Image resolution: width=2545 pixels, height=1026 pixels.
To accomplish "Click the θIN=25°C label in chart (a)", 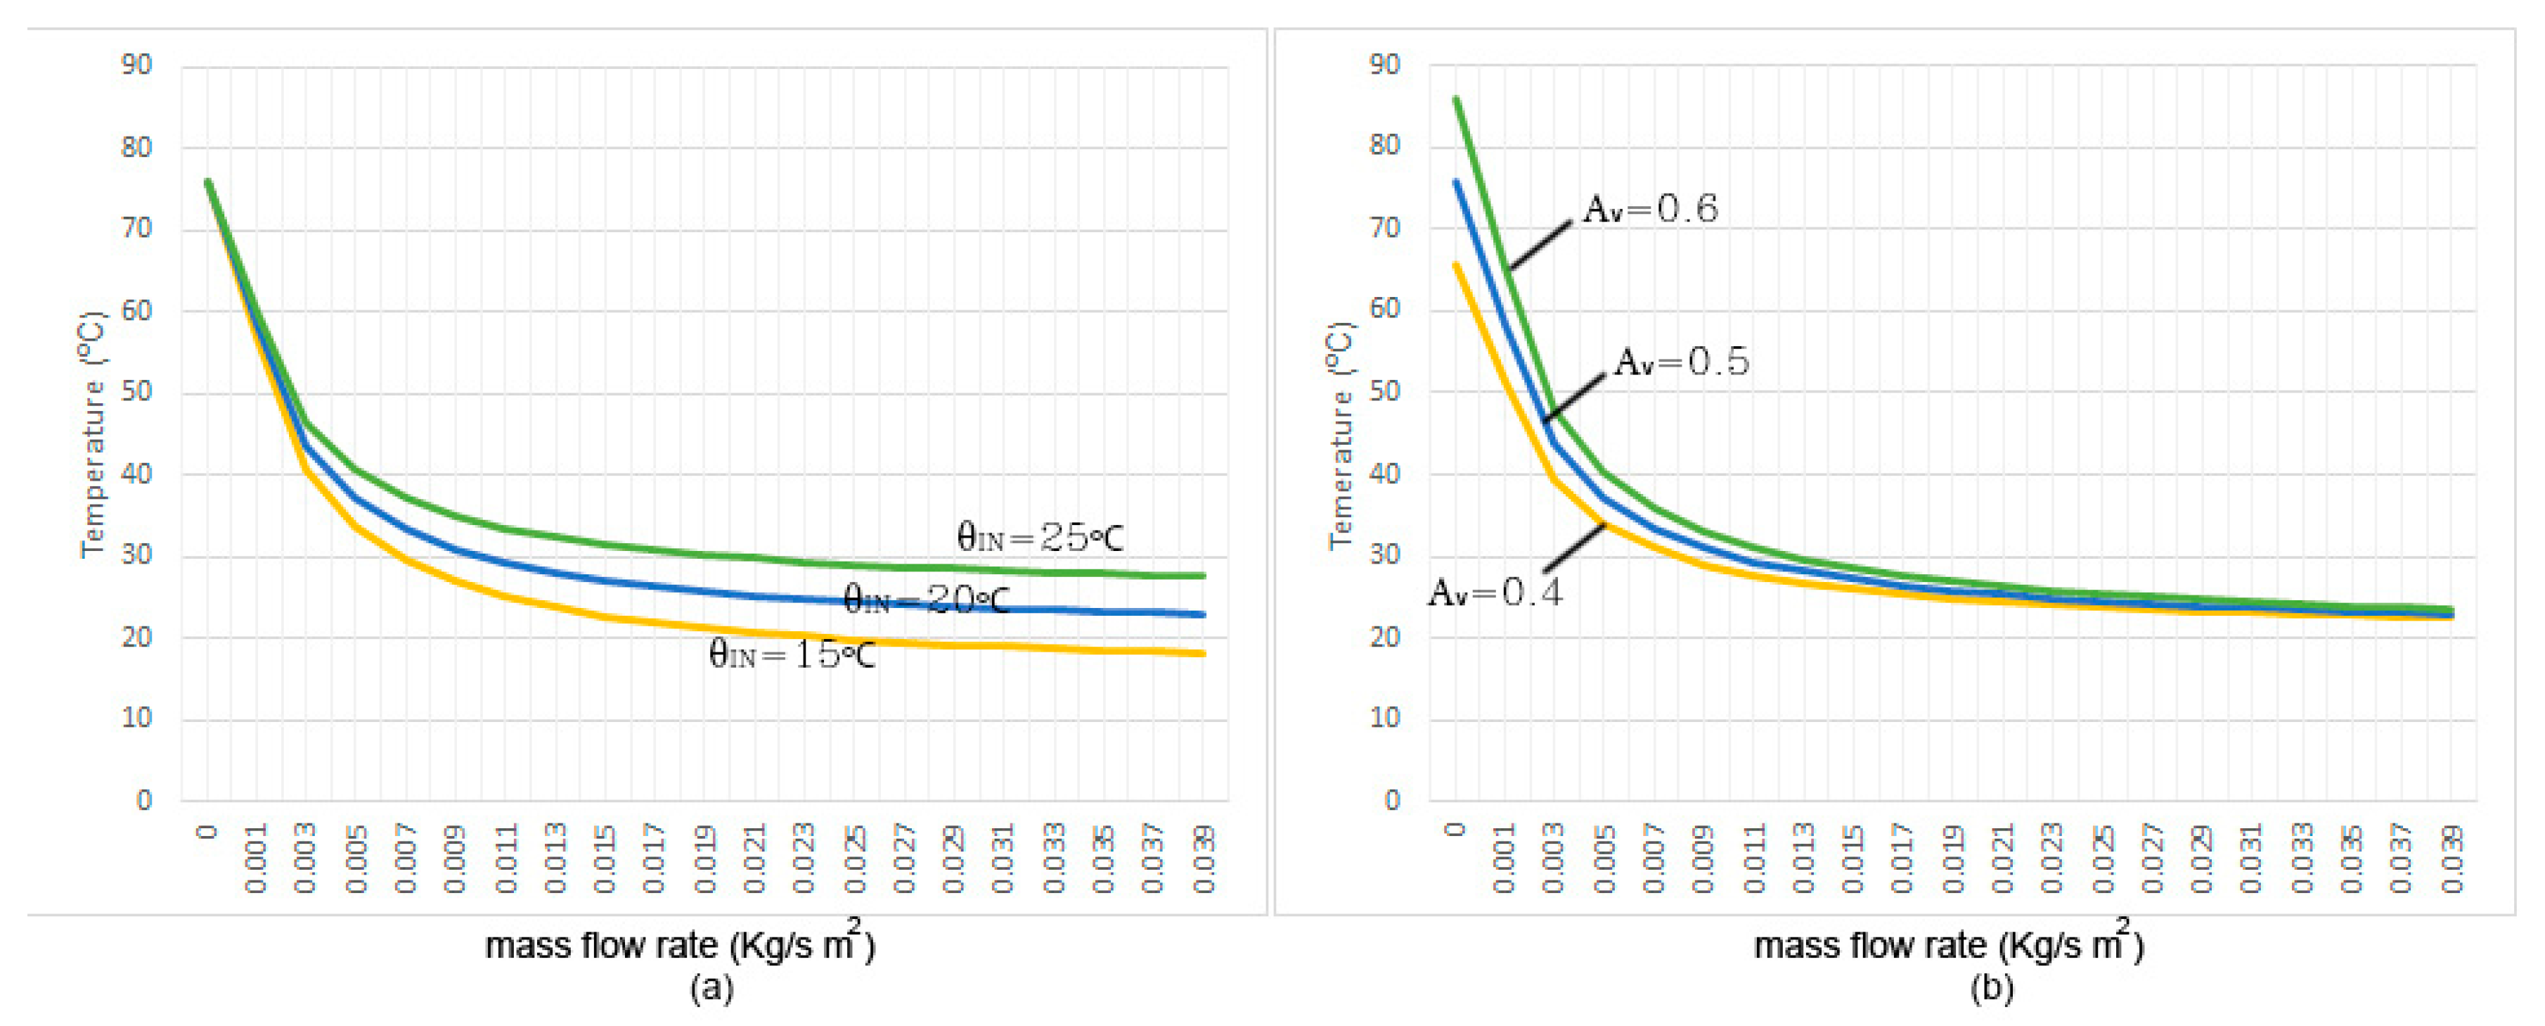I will point(1039,538).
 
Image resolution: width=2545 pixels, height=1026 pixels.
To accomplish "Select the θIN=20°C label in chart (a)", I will point(926,599).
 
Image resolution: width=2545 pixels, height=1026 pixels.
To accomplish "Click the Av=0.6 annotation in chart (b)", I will point(1651,210).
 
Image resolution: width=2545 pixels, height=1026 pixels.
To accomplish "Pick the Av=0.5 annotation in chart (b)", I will point(1682,362).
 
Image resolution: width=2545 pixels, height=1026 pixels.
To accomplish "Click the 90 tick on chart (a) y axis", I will point(137,66).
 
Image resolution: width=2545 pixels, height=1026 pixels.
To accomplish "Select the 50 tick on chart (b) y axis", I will point(1384,391).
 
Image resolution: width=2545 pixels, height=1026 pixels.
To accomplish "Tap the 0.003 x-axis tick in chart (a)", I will point(305,857).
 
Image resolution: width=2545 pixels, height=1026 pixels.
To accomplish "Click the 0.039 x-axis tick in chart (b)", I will point(2451,857).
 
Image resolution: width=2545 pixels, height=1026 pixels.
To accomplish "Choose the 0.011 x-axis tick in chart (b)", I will point(1753,857).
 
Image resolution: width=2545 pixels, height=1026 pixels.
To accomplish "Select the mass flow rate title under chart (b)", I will point(1947,946).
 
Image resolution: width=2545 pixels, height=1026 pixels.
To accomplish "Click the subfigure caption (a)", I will point(711,987).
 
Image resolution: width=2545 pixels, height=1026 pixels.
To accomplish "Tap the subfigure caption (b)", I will point(1992,987).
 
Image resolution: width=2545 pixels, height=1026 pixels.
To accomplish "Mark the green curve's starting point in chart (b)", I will point(1455,98).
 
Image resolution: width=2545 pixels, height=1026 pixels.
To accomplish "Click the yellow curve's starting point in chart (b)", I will point(1455,264).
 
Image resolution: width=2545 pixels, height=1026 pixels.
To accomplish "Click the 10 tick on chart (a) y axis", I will point(137,718).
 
